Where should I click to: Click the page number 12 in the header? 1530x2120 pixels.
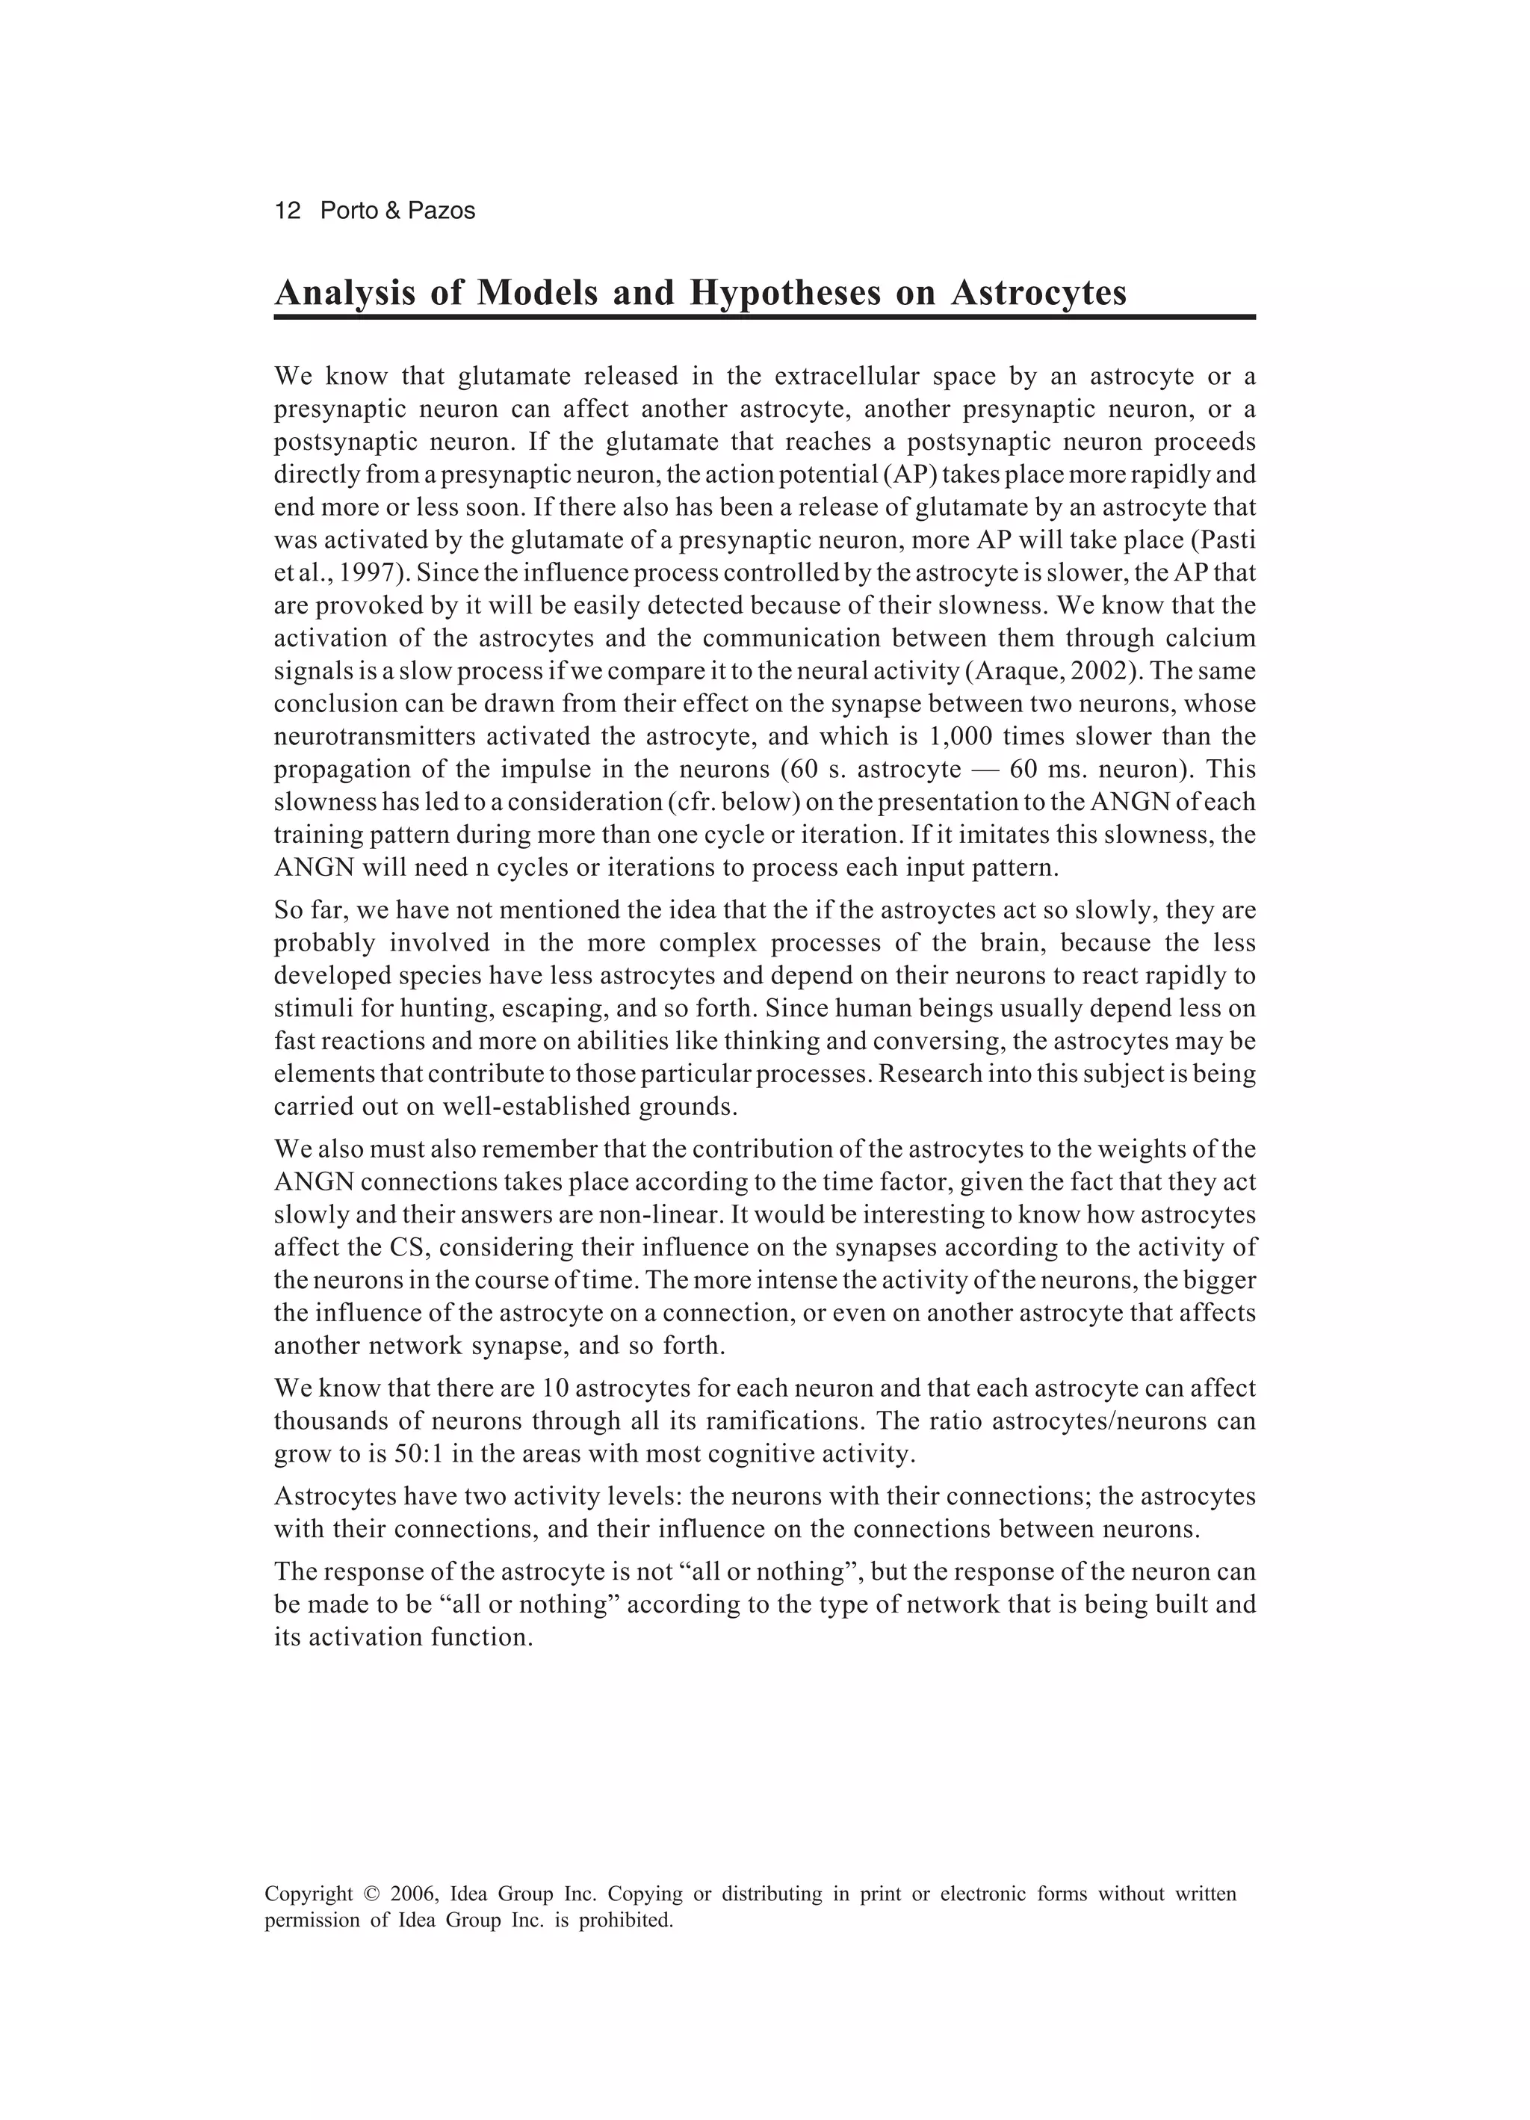pyautogui.click(x=287, y=211)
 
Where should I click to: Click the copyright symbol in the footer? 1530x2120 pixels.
pyautogui.click(x=371, y=1895)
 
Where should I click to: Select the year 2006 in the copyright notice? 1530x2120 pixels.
pyautogui.click(x=413, y=1895)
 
